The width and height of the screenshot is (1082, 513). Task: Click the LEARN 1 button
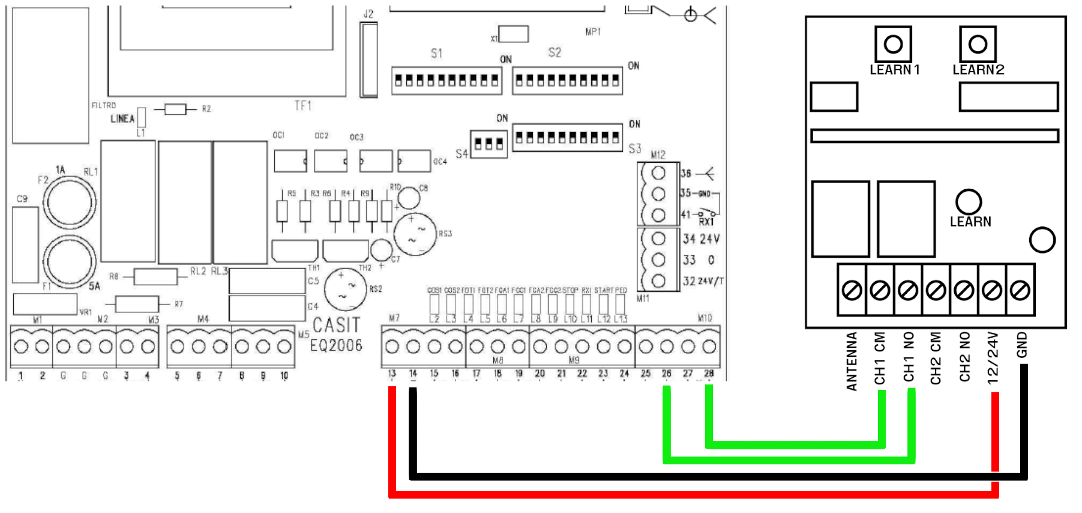pyautogui.click(x=893, y=44)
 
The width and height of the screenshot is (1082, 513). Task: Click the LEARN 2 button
pyautogui.click(x=978, y=44)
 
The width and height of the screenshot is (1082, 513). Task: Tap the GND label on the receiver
pyautogui.click(x=1022, y=345)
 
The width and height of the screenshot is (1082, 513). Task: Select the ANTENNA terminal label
pyautogui.click(x=852, y=361)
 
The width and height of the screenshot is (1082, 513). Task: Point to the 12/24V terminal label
pyautogui.click(x=993, y=358)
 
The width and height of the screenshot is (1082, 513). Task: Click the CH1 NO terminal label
pyautogui.click(x=909, y=357)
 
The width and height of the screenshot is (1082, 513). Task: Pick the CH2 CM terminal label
pyautogui.click(x=936, y=358)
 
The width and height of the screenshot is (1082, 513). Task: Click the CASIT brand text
pyautogui.click(x=336, y=325)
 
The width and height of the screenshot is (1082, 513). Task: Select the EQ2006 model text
pyautogui.click(x=336, y=345)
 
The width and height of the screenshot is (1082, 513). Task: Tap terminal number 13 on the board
pyautogui.click(x=392, y=374)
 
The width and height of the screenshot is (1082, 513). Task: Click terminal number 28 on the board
pyautogui.click(x=709, y=374)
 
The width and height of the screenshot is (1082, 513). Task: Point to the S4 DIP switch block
pyautogui.click(x=488, y=144)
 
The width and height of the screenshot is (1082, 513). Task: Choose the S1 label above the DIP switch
pyautogui.click(x=436, y=53)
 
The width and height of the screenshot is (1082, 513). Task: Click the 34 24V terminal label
pyautogui.click(x=700, y=239)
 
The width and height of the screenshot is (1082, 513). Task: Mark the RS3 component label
pyautogui.click(x=445, y=234)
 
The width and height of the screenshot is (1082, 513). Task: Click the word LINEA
pyautogui.click(x=122, y=119)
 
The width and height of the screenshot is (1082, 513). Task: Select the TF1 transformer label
pyautogui.click(x=303, y=106)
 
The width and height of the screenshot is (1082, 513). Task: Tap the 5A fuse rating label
pyautogui.click(x=95, y=286)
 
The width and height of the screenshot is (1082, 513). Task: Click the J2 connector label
pyautogui.click(x=368, y=14)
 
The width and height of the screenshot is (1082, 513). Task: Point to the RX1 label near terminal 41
pyautogui.click(x=706, y=222)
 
